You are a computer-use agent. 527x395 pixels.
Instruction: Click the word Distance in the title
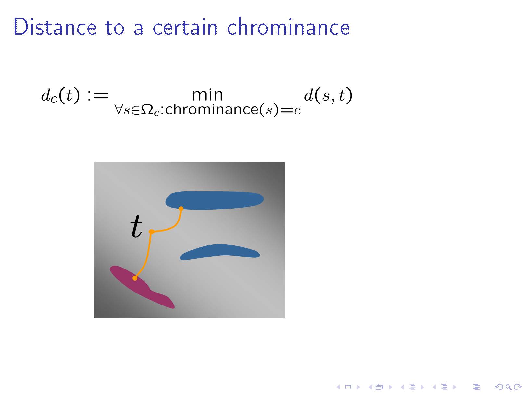55,27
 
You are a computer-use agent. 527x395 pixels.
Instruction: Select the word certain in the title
185,27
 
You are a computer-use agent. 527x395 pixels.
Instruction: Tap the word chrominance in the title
288,27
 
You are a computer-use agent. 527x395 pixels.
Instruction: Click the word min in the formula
207,95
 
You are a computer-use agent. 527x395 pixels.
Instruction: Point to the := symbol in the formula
98,95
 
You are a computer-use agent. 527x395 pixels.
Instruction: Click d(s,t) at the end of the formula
328,95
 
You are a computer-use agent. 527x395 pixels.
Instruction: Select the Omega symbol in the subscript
147,110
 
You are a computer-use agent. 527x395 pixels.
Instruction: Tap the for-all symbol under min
119,110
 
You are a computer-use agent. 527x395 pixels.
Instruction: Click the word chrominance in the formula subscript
211,109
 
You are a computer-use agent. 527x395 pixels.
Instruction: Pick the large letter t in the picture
136,226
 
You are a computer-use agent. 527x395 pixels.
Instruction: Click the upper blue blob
214,200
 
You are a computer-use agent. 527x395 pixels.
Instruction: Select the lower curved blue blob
220,252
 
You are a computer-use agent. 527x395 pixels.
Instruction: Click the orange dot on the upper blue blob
181,209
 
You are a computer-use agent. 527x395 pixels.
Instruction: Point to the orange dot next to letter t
152,232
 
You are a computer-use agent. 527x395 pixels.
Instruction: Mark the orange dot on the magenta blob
135,278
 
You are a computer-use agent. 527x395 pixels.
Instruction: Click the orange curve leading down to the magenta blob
148,255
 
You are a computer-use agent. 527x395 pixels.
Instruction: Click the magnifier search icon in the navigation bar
508,387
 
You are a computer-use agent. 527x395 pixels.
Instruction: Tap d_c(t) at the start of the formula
60,95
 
